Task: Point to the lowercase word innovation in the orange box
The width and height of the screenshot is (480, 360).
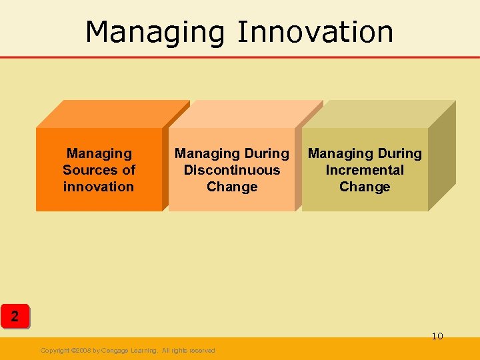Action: pos(99,187)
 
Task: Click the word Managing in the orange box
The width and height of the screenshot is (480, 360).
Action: pos(99,154)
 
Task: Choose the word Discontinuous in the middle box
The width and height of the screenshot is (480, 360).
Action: pos(232,170)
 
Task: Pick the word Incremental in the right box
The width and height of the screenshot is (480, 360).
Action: pos(365,170)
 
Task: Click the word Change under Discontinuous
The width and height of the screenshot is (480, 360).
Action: pos(232,187)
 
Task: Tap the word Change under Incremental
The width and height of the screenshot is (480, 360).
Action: pos(365,187)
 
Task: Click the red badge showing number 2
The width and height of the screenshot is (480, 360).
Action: pos(15,315)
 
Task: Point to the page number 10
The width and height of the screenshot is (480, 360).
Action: pos(437,336)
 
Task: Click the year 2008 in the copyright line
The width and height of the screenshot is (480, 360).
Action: pos(83,351)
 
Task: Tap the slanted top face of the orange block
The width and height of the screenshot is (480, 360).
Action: pos(113,113)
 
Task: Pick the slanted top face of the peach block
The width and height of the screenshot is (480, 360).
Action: pos(245,113)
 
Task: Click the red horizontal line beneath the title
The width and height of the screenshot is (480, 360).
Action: pos(240,57)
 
